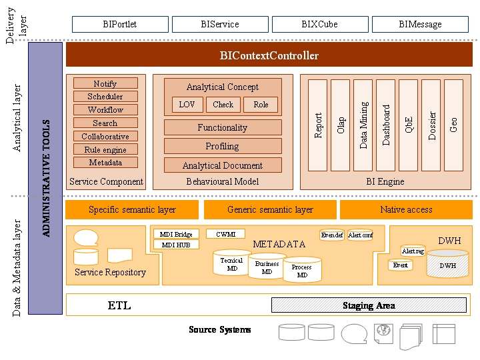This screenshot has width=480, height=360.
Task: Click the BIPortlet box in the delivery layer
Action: pyautogui.click(x=120, y=24)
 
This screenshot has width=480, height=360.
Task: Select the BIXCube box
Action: pyautogui.click(x=320, y=24)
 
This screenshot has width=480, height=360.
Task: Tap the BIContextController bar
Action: pyautogui.click(x=269, y=55)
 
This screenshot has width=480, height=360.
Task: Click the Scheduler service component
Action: pyautogui.click(x=105, y=97)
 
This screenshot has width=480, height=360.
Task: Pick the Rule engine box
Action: pyautogui.click(x=105, y=149)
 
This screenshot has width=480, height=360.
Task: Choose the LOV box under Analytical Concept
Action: pyautogui.click(x=187, y=105)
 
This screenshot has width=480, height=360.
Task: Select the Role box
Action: pyautogui.click(x=261, y=105)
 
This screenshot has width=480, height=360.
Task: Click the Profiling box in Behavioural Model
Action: pyautogui.click(x=223, y=146)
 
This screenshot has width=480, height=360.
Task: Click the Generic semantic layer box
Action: pyautogui.click(x=270, y=209)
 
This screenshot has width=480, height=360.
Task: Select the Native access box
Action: pyautogui.click(x=406, y=209)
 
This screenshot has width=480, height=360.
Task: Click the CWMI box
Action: pyautogui.click(x=225, y=234)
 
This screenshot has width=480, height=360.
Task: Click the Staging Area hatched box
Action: pyautogui.click(x=369, y=305)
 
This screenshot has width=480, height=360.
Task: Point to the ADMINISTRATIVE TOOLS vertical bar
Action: pyautogui.click(x=46, y=178)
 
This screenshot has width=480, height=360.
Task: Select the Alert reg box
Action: pyautogui.click(x=413, y=251)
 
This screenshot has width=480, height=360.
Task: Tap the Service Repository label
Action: pyautogui.click(x=110, y=272)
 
